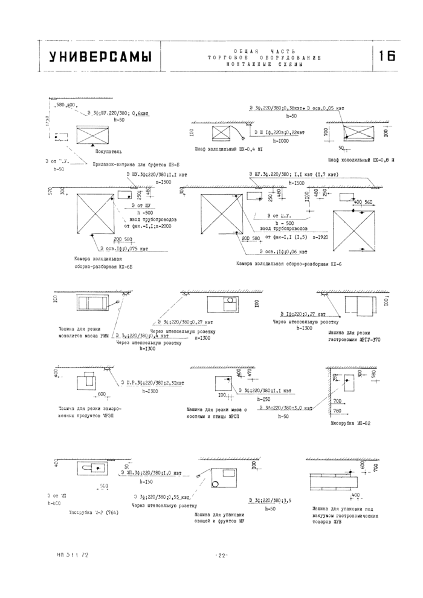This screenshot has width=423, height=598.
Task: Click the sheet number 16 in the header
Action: (x=387, y=56)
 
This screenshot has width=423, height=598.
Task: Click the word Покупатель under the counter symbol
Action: (x=108, y=151)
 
